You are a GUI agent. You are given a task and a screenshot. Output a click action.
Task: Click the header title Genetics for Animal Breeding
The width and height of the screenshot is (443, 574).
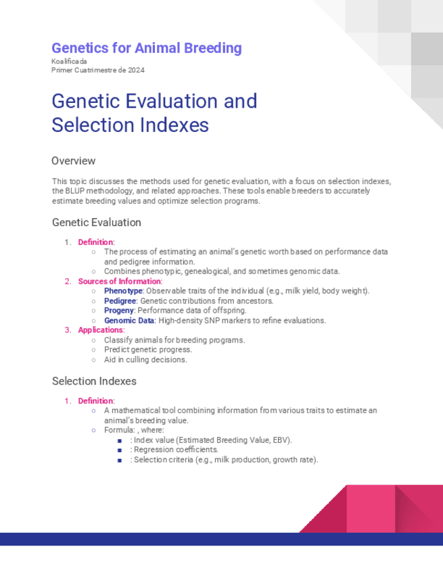pyautogui.click(x=147, y=48)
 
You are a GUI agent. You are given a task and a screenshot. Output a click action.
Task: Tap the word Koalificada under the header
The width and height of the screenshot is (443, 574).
pyautogui.click(x=69, y=62)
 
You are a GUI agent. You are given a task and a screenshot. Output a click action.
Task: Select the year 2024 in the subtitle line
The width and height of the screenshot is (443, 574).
pyautogui.click(x=135, y=70)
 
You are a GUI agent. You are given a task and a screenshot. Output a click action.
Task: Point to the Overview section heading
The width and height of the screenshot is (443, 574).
pyautogui.click(x=74, y=161)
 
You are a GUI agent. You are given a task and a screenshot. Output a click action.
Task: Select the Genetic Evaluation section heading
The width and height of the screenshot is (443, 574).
pyautogui.click(x=96, y=222)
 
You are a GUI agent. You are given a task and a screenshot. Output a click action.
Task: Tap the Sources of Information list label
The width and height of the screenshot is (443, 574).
pyautogui.click(x=119, y=281)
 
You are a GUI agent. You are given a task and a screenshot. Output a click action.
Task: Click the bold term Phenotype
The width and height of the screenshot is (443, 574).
pyautogui.click(x=123, y=291)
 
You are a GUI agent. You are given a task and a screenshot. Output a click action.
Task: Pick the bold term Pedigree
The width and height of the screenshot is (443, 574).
pyautogui.click(x=120, y=301)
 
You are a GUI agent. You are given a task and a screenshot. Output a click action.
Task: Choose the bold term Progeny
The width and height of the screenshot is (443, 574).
pyautogui.click(x=119, y=311)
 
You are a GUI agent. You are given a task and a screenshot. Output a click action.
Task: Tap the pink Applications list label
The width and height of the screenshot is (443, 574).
pyautogui.click(x=100, y=330)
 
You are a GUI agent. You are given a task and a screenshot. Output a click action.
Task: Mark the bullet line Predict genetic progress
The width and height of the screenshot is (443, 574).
pyautogui.click(x=147, y=350)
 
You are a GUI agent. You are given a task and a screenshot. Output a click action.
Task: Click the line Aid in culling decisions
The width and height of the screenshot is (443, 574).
pyautogui.click(x=145, y=359)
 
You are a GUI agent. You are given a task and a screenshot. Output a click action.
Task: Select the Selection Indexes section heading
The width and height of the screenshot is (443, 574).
pyautogui.click(x=94, y=381)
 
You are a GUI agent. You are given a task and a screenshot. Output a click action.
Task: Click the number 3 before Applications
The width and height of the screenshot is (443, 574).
pyautogui.click(x=68, y=330)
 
